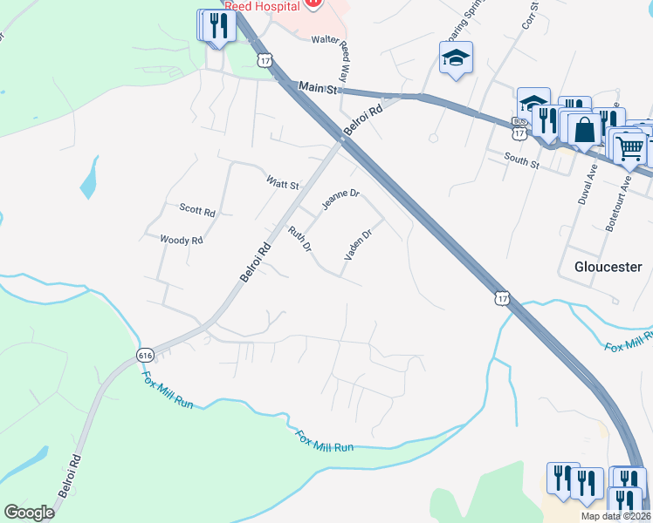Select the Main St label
click(x=317, y=87)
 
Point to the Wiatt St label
click(x=283, y=185)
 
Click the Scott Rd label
click(x=196, y=210)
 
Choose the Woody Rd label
click(x=182, y=240)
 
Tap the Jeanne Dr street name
click(x=340, y=200)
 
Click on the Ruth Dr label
click(x=300, y=238)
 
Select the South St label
click(x=522, y=159)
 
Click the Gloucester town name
click(x=608, y=267)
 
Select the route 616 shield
click(x=146, y=354)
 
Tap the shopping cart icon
click(x=629, y=147)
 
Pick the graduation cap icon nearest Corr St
click(x=456, y=58)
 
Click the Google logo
click(x=31, y=513)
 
